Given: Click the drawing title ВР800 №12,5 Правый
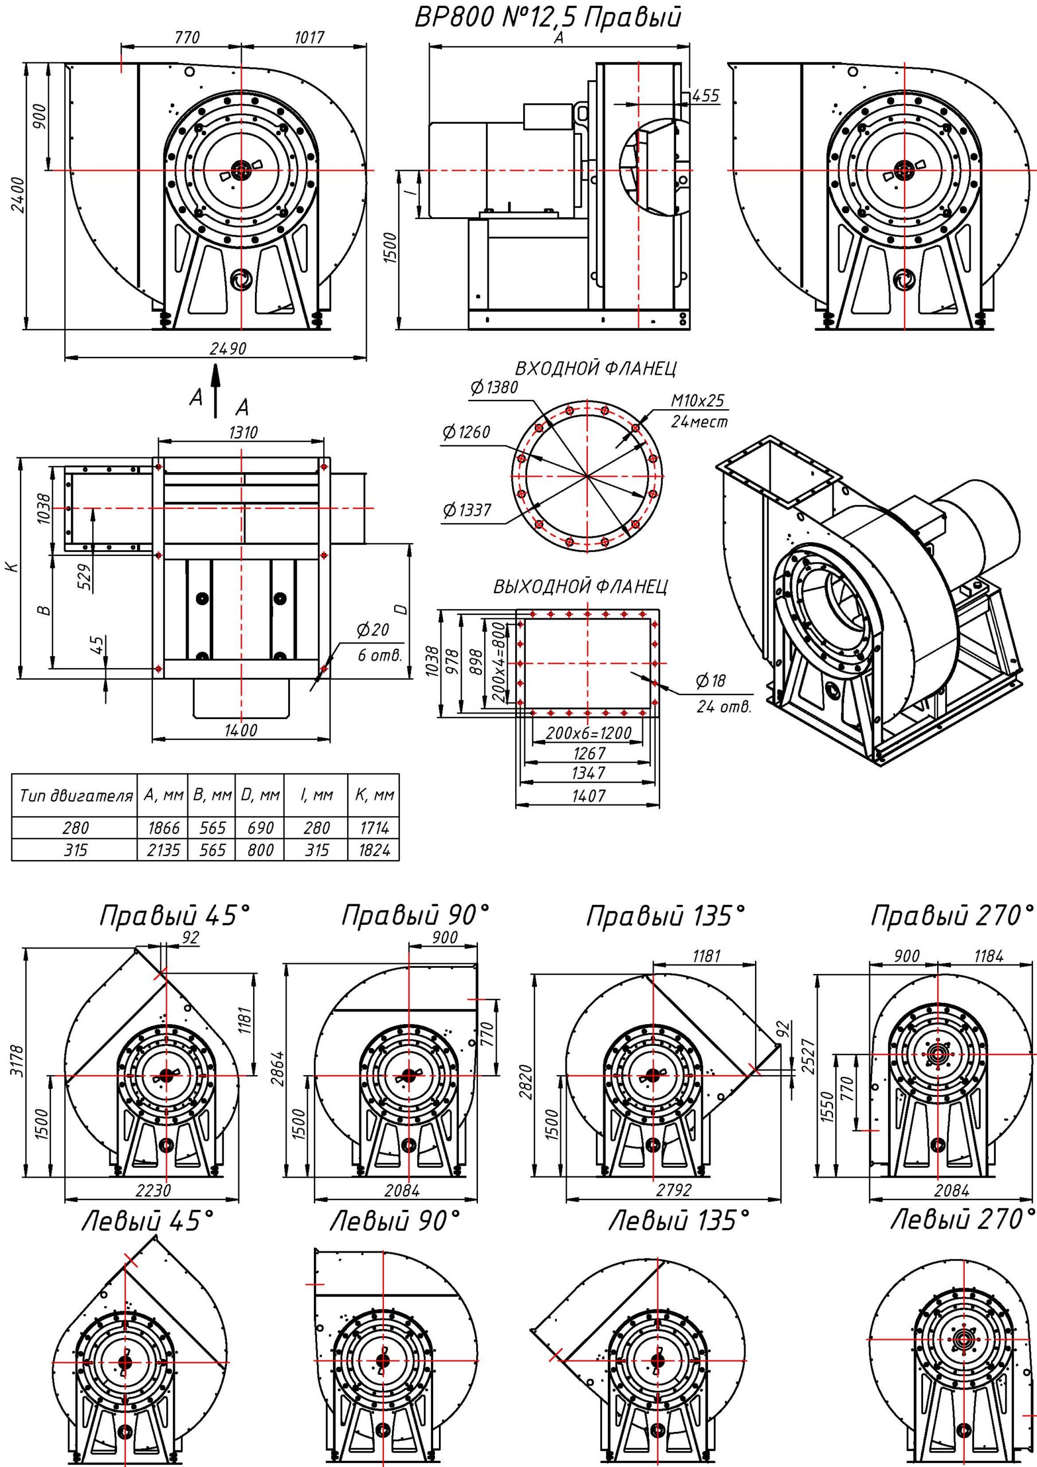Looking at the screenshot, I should (548, 17).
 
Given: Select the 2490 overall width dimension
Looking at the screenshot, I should (227, 348).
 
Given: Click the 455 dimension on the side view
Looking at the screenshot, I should (705, 96).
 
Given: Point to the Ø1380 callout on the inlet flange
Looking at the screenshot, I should (493, 387).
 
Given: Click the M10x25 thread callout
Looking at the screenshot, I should (698, 401).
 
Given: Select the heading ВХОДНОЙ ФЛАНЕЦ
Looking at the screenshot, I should (595, 368).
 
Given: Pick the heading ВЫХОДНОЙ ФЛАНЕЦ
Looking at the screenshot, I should (580, 587).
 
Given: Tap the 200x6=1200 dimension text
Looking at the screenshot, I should (588, 733).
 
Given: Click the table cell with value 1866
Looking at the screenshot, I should (163, 827).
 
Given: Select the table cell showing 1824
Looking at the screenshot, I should (374, 850).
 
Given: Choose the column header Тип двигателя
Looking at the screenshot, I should (76, 796).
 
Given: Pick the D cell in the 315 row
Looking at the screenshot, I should (260, 850).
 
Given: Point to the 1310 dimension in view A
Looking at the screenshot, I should (243, 433).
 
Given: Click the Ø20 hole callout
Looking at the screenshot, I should (373, 630).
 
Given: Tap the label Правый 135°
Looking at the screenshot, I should (665, 917).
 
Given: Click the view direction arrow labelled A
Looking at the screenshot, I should (215, 390).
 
